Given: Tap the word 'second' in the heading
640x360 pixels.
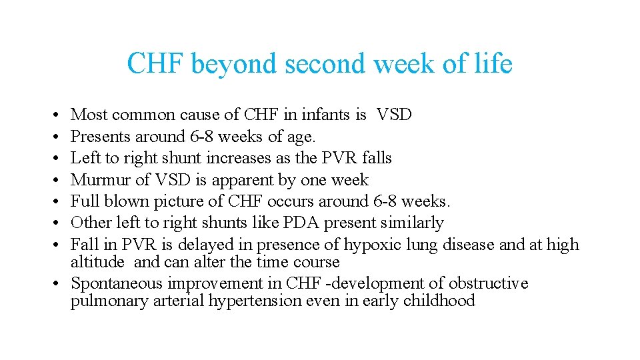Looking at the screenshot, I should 327,65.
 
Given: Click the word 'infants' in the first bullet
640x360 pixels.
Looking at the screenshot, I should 326,115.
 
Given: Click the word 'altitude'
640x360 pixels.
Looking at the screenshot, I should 97,262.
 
